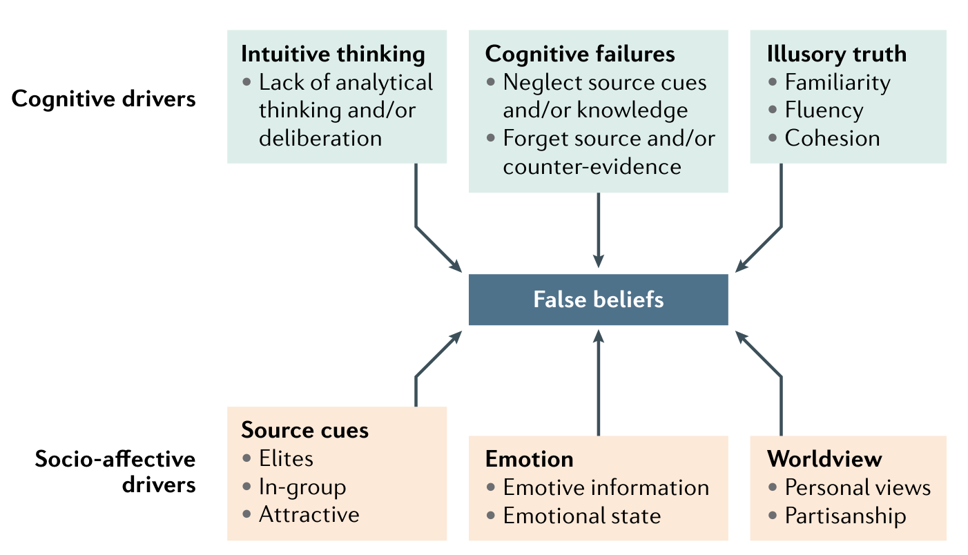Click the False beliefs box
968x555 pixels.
(x=598, y=300)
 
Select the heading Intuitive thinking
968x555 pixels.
(x=333, y=54)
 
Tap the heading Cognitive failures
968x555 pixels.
(x=580, y=54)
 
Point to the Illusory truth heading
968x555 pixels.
(x=837, y=54)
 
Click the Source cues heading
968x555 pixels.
(x=304, y=431)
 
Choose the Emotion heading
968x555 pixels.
(x=529, y=459)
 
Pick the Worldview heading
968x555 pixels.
(x=824, y=459)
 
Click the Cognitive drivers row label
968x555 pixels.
(x=104, y=99)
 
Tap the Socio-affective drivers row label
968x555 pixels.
(x=115, y=472)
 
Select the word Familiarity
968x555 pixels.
(x=838, y=83)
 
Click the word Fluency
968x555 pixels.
(x=824, y=110)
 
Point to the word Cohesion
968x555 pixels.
(x=832, y=138)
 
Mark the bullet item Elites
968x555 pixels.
(x=286, y=458)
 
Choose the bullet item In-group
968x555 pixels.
(x=302, y=487)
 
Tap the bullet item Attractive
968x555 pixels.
(x=309, y=514)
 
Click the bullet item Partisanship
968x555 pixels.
(x=845, y=516)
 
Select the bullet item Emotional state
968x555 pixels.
(x=581, y=516)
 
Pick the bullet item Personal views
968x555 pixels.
(x=858, y=487)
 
